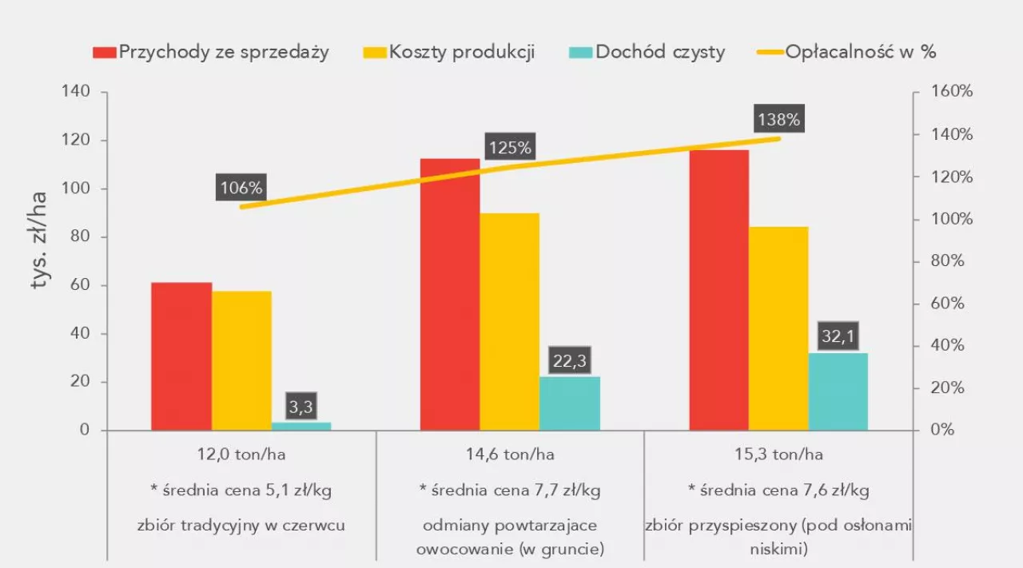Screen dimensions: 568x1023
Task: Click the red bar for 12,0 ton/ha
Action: (181, 356)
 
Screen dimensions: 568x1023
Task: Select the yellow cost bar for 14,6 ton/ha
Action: (510, 322)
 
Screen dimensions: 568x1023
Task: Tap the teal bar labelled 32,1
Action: (838, 391)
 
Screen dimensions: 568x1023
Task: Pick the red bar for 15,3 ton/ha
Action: (718, 290)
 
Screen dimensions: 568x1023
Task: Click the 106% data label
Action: (241, 189)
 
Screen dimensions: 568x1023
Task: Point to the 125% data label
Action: (509, 148)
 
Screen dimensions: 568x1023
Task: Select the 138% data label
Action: (778, 121)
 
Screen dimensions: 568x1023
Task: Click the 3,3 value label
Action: (301, 407)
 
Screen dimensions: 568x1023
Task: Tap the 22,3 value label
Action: (569, 361)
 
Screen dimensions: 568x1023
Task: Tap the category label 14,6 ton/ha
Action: (510, 455)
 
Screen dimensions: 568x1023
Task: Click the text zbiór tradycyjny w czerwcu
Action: (241, 526)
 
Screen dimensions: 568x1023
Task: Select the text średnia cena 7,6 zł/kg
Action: (778, 490)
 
